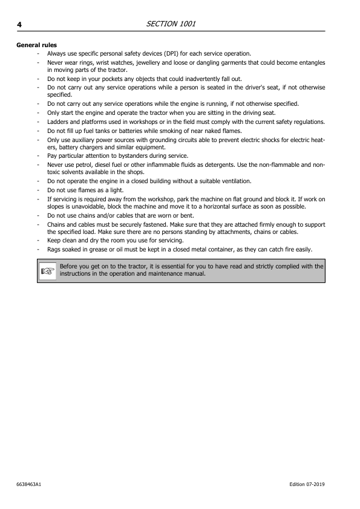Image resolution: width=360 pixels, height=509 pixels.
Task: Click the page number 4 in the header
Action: pos(19,24)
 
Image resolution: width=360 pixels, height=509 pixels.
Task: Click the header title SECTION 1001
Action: pos(171,24)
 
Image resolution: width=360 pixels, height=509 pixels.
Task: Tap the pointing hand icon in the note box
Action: pos(47,270)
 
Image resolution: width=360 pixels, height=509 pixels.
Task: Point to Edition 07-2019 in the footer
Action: pos(307,485)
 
